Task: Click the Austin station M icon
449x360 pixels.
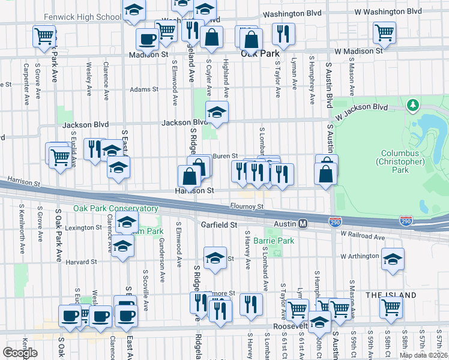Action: (x=303, y=223)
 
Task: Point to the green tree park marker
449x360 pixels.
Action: (x=412, y=106)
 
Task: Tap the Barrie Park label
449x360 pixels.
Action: (x=273, y=241)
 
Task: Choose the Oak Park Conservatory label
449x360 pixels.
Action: (x=116, y=208)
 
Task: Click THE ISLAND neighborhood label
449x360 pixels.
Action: (x=391, y=295)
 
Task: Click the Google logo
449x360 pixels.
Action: (x=20, y=352)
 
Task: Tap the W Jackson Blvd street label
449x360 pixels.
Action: (x=362, y=110)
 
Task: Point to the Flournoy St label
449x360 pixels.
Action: (x=247, y=206)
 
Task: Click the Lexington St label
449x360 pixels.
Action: (x=83, y=228)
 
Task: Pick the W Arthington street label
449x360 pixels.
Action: (x=361, y=256)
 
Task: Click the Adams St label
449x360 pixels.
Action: (x=144, y=89)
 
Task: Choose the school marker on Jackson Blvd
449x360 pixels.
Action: (x=217, y=112)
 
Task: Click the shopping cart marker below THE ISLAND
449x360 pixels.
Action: (x=391, y=307)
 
